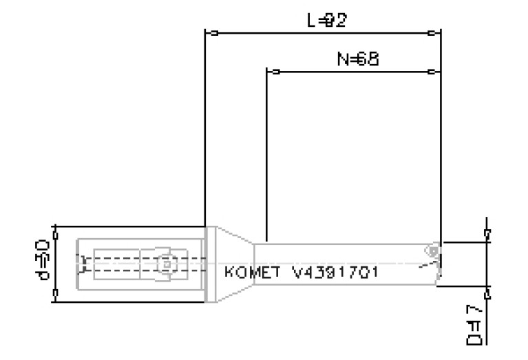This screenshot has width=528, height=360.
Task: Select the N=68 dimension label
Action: [x=359, y=60]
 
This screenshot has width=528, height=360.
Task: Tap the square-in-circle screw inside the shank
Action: [x=166, y=263]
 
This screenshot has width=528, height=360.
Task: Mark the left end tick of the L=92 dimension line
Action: [x=214, y=32]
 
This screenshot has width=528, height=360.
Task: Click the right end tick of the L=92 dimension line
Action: [x=431, y=32]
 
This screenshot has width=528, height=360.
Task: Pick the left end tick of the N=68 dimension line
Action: [x=275, y=72]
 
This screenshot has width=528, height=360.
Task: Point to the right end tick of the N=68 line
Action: [x=431, y=72]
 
